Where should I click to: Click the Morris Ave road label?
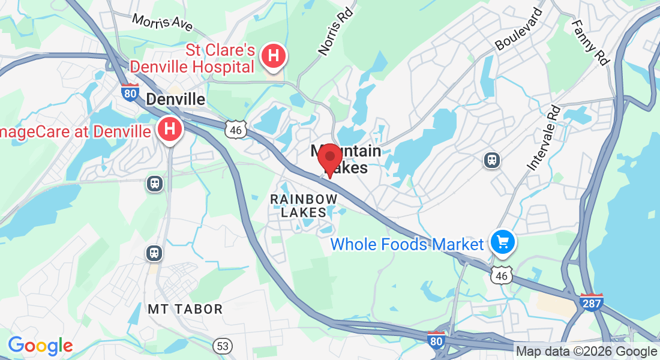point(163,22)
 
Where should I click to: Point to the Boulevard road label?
point(519,29)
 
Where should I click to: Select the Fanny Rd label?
point(590,43)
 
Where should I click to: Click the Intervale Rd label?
point(544,138)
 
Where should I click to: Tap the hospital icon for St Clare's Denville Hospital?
point(274,56)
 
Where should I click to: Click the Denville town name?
point(176,99)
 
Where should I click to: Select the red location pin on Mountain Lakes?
point(329,159)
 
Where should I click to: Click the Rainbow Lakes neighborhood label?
point(304,205)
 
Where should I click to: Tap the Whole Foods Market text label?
point(407,244)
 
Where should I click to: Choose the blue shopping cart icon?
point(503,242)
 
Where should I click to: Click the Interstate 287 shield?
point(591,302)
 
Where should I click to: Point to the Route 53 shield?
point(223,346)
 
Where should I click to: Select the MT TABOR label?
point(185,310)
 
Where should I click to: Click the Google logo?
point(40,346)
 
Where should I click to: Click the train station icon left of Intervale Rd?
point(492,160)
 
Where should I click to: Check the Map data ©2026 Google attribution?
point(587,352)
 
